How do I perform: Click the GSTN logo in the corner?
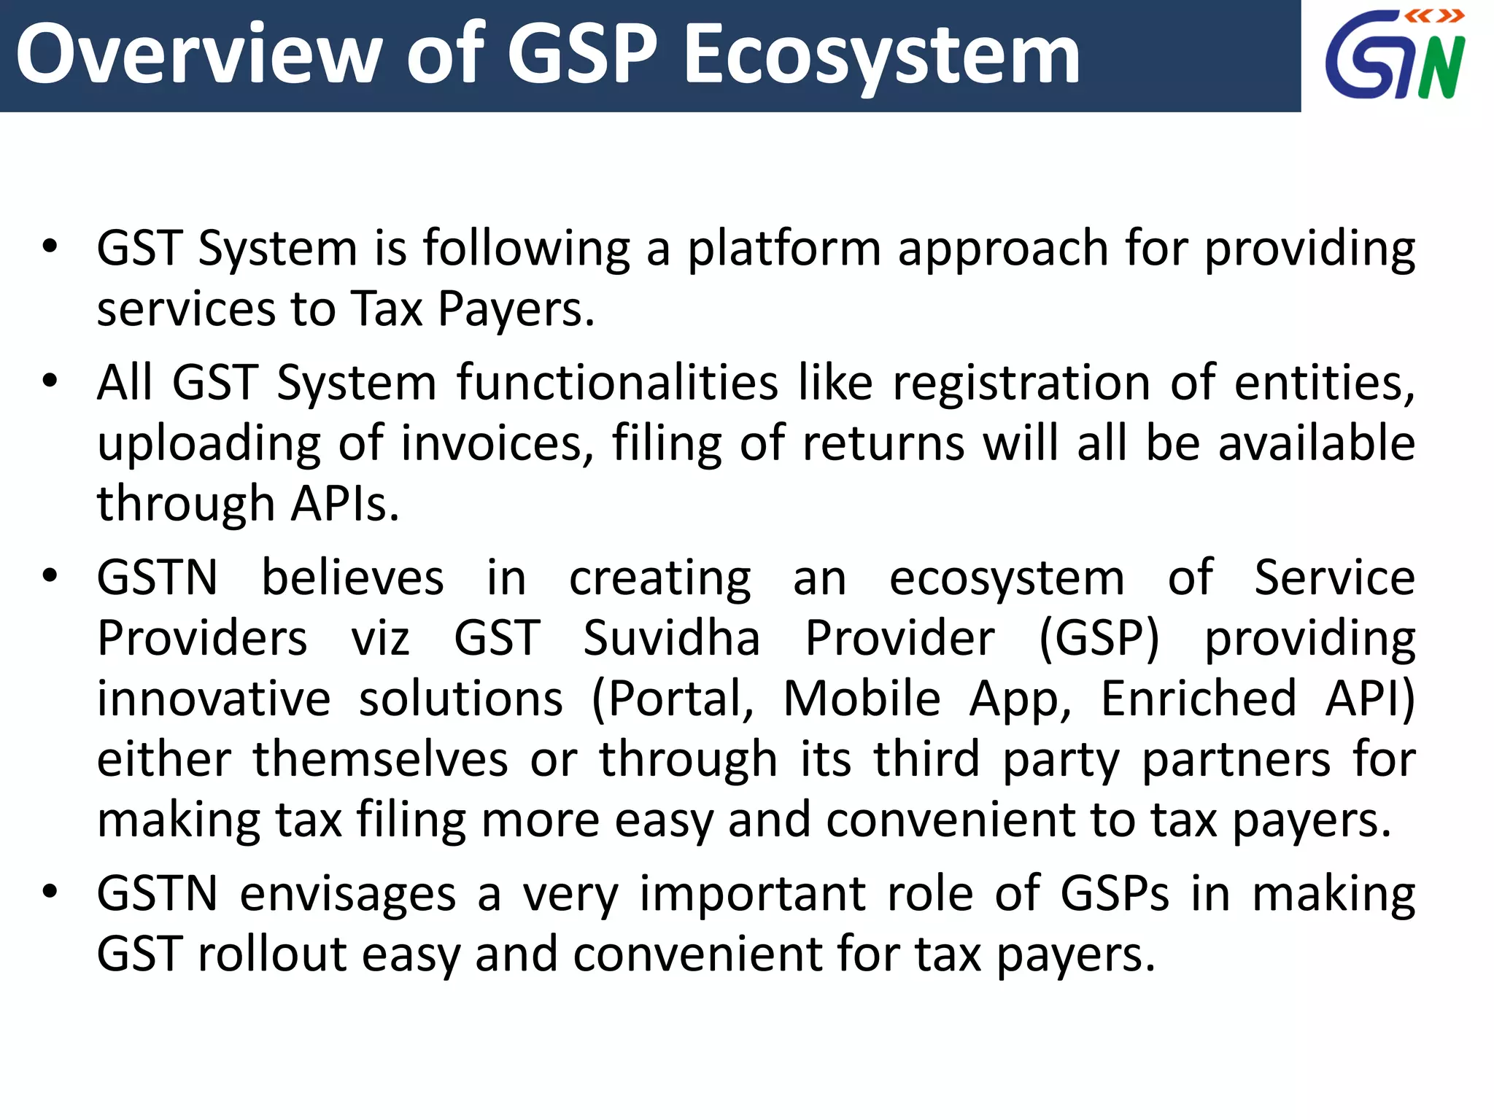point(1395,55)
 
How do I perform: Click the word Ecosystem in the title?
point(882,55)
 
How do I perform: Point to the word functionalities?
point(618,383)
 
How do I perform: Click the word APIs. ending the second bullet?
point(345,504)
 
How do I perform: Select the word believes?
point(352,578)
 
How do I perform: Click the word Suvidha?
point(671,639)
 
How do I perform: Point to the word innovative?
point(214,699)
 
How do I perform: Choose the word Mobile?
point(862,699)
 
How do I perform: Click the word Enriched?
point(1199,699)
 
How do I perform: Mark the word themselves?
point(380,760)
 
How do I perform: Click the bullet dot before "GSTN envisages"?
point(50,892)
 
